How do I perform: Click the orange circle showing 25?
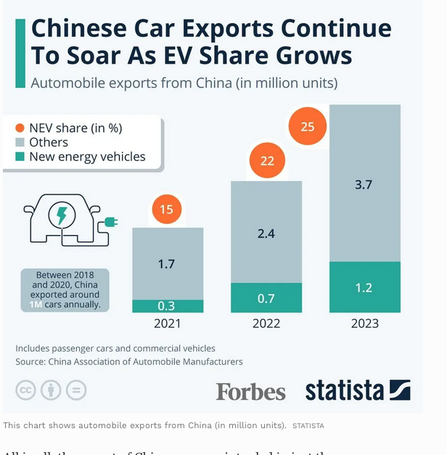pos(308,126)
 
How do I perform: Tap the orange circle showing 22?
pos(267,161)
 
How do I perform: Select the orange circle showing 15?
pos(167,210)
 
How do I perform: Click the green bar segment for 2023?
pos(364,287)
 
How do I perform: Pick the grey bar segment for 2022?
pos(266,232)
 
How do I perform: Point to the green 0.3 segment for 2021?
pos(167,306)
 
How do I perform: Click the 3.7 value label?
pos(364,185)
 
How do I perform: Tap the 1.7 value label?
pos(167,264)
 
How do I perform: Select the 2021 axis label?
pos(167,324)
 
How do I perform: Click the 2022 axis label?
pos(266,324)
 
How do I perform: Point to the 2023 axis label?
pos(364,324)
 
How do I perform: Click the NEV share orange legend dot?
pos(20,128)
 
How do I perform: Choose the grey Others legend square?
pos(20,142)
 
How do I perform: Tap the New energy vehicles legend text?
pos(87,156)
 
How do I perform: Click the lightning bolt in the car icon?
pos(62,215)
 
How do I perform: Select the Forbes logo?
pos(250,391)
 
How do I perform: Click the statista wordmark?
pos(344,391)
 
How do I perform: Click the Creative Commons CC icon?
pos(26,391)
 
